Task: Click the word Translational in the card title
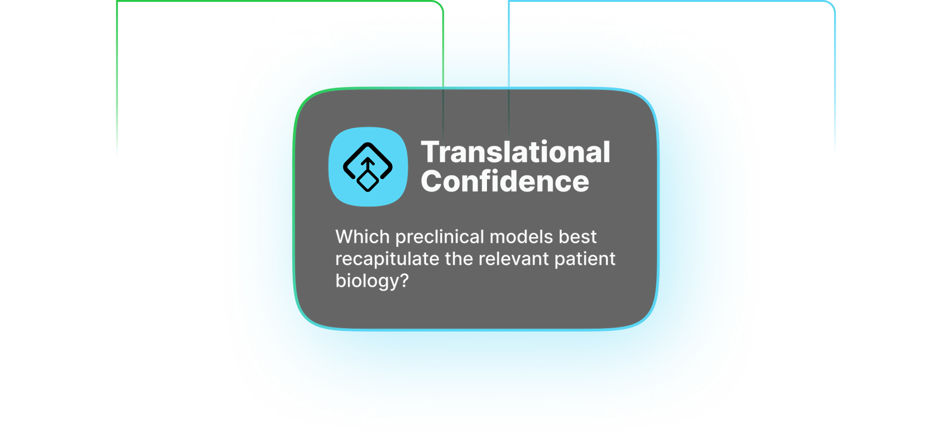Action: (516, 152)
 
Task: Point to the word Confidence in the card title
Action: (505, 181)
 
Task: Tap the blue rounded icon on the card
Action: (368, 167)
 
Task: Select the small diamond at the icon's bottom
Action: (368, 181)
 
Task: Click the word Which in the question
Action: (363, 237)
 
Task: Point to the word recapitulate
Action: (387, 259)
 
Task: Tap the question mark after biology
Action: (404, 280)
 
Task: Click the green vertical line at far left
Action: (117, 81)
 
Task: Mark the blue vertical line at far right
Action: (835, 81)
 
